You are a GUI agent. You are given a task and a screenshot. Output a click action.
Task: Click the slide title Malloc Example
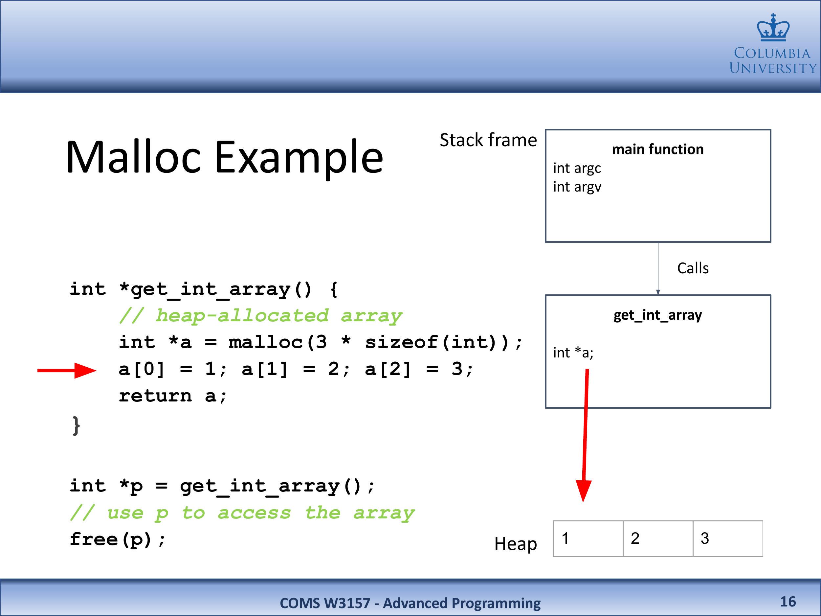[225, 157]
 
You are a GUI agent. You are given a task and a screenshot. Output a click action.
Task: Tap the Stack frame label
[488, 140]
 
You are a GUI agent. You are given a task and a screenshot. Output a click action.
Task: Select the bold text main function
[658, 149]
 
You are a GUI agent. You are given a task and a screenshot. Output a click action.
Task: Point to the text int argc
[577, 168]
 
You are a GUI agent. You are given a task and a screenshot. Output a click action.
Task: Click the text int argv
[577, 187]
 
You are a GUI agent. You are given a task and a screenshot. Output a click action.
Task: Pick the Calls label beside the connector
[693, 268]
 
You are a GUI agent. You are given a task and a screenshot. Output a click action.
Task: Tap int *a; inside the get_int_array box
[573, 353]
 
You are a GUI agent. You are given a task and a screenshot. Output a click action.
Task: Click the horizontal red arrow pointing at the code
[67, 370]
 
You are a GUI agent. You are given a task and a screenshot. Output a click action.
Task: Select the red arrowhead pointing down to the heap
[584, 491]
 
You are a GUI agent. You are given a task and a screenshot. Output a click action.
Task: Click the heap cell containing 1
[588, 539]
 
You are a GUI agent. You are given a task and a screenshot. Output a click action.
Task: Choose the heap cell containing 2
[658, 539]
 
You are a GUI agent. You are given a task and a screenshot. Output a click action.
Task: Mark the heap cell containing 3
[728, 539]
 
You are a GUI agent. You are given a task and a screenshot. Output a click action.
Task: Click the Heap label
[516, 544]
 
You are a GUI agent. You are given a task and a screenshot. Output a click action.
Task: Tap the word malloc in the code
[266, 342]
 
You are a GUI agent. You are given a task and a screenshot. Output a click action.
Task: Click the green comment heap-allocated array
[260, 316]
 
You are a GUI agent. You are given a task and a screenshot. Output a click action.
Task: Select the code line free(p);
[117, 540]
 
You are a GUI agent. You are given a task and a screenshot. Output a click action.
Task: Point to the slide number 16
[788, 602]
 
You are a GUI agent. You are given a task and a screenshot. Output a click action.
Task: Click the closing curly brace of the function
[76, 425]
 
